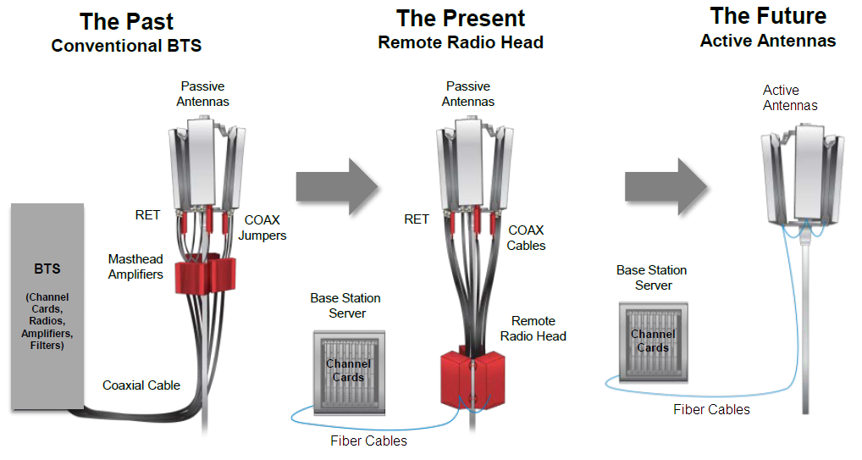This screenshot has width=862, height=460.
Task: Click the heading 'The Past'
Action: [x=126, y=21]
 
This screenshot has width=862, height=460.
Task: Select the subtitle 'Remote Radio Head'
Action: [x=461, y=42]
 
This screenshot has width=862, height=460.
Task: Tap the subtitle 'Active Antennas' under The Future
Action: [x=768, y=41]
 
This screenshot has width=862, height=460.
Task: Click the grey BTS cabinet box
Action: [x=47, y=307]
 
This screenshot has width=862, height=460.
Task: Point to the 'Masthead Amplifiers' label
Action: [x=135, y=267]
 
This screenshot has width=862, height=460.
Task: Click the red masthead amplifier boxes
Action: [x=205, y=274]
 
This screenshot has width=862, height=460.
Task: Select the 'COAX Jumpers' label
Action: [x=262, y=228]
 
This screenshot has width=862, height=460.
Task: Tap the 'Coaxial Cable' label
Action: [x=141, y=385]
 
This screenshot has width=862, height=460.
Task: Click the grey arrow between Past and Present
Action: [x=337, y=187]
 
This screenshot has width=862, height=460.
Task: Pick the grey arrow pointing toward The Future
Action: [x=666, y=187]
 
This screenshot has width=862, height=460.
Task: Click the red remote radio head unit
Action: [x=472, y=380]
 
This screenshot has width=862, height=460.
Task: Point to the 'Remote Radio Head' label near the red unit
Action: [x=533, y=329]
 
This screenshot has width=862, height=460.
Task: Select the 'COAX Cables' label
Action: [x=526, y=238]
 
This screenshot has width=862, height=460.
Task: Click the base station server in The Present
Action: [x=349, y=373]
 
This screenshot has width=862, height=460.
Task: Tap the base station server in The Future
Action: [x=653, y=342]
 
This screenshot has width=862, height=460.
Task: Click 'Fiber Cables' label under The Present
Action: [x=369, y=441]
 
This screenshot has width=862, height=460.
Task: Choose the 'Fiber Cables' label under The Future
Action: [x=711, y=409]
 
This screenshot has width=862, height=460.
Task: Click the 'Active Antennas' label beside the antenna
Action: [x=790, y=98]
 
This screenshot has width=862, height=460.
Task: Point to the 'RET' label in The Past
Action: [x=148, y=215]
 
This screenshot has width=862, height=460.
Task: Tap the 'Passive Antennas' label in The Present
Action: [x=468, y=94]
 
